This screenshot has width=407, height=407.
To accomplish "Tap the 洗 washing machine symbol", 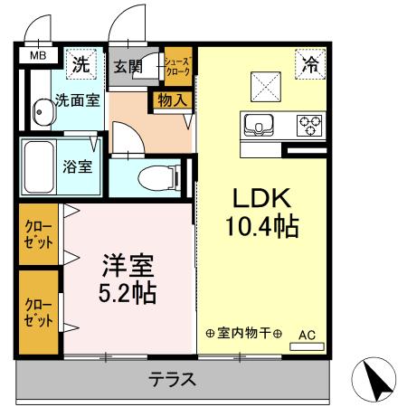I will click(81, 64).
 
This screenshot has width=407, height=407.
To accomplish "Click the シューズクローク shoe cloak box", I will click(176, 65).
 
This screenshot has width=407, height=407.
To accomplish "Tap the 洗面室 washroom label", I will click(76, 99).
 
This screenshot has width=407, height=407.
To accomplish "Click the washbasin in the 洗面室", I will click(43, 115).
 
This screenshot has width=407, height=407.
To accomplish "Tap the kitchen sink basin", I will click(258, 125).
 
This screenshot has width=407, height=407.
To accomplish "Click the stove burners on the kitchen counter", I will click(310, 124).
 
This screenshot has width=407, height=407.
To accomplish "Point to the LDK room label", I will click(261, 197).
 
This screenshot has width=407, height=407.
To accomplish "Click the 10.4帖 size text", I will click(261, 226).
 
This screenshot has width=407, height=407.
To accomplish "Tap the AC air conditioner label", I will click(307, 334).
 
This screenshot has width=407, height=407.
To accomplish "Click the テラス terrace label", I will click(172, 380).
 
